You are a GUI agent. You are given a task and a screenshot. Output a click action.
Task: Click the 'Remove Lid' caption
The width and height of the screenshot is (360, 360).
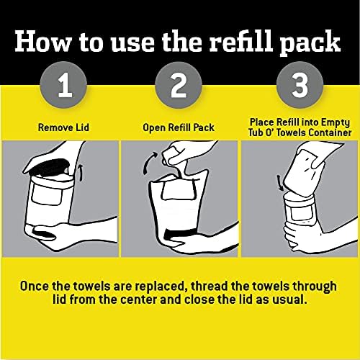(x=59, y=128)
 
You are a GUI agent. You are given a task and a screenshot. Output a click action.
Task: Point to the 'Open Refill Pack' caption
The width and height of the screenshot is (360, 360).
(x=179, y=128)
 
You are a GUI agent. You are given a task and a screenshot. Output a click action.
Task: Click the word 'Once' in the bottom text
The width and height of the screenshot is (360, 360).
(x=42, y=284)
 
